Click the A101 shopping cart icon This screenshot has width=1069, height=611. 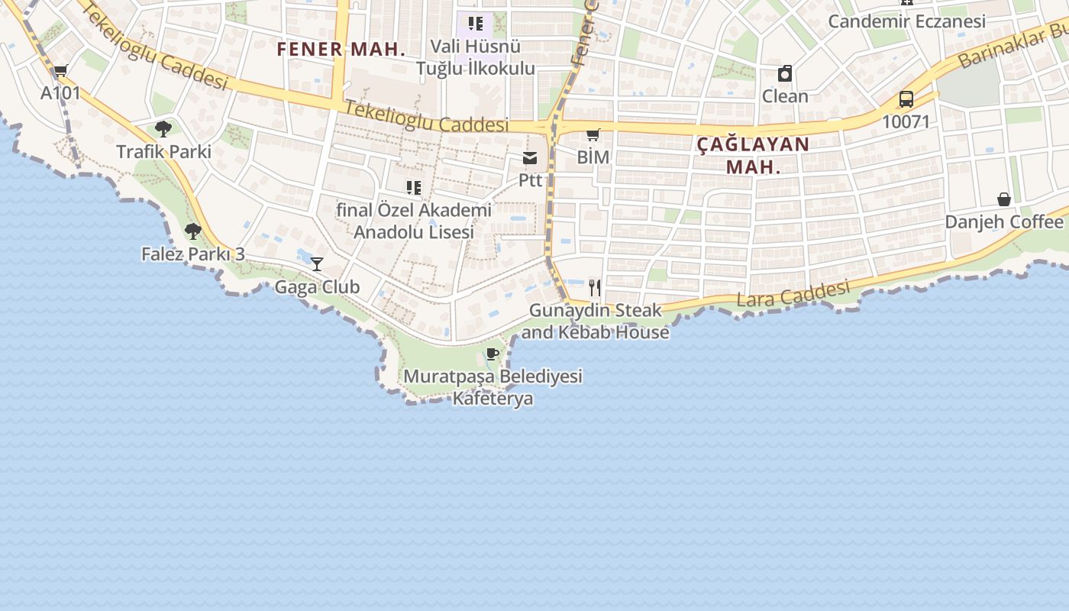60,71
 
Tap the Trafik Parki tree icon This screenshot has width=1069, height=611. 163,128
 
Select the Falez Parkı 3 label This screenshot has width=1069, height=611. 193,254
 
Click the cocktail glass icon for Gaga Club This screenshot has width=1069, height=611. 317,264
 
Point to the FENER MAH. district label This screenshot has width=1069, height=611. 341,50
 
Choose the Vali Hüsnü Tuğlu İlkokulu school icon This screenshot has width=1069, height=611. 476,24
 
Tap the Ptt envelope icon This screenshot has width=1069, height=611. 530,158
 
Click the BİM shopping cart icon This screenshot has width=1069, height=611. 593,135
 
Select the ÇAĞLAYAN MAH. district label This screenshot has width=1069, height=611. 753,155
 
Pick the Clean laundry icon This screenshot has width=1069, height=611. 784,74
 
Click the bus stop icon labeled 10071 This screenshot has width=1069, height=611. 906,99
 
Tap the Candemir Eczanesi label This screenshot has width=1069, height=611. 907,21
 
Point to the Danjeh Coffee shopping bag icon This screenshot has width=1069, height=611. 1004,199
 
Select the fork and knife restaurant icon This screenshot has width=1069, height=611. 595,288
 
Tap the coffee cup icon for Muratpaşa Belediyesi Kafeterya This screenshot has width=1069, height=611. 493,354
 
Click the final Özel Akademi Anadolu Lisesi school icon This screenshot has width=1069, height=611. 414,188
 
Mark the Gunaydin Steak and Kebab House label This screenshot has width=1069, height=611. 596,322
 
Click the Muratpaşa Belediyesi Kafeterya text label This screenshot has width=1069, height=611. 493,387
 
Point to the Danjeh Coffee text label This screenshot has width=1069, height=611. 1004,221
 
